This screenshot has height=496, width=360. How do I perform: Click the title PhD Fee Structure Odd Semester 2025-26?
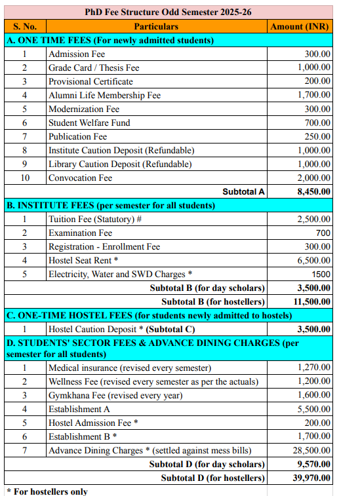168,12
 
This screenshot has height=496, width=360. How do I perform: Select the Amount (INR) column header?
300,26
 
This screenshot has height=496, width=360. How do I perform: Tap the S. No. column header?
24,26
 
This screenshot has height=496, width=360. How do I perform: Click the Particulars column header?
156,26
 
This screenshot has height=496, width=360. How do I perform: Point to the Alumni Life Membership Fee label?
104,95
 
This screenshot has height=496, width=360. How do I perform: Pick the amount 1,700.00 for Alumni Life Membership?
314,95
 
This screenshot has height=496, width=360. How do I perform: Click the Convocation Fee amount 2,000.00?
314,178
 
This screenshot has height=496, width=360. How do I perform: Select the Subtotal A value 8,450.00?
313,192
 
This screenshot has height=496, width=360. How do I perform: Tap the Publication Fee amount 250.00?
317,136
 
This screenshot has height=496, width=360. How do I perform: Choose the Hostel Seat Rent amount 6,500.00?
314,260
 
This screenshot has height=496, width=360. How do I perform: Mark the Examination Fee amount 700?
323,233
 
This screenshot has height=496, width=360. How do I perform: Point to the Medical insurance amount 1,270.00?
314,368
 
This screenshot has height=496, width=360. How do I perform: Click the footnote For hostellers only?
47,491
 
